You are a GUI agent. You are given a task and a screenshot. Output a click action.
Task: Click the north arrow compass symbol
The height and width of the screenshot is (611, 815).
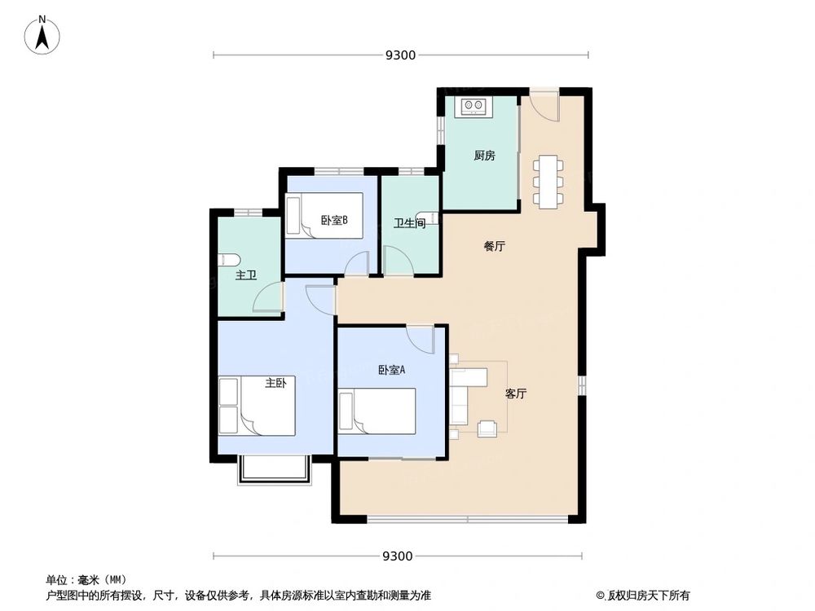(x=43, y=37)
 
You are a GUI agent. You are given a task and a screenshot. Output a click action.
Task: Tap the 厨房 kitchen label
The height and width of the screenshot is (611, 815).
(x=484, y=156)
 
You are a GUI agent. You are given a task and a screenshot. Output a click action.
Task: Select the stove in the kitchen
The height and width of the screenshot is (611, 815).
(x=473, y=106)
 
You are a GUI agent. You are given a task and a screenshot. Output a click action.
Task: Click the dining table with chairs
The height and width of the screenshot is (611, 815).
(x=548, y=180)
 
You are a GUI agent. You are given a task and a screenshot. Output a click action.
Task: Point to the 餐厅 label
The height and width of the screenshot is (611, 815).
(x=494, y=246)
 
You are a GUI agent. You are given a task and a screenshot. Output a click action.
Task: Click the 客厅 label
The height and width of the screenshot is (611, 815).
(x=515, y=393)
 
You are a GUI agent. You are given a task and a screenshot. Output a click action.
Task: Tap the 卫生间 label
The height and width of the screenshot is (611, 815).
(x=409, y=223)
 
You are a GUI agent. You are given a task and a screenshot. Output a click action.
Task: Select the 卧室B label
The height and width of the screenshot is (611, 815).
(x=334, y=219)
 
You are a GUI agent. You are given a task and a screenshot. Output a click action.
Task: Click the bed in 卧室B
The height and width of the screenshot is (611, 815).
(x=324, y=216)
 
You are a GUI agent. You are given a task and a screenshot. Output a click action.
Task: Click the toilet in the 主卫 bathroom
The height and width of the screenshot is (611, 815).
(x=228, y=260)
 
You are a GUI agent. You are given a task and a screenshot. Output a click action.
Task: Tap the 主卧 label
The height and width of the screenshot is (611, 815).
(x=275, y=383)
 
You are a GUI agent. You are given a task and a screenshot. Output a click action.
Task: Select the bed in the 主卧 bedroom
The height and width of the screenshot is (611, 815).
(x=257, y=406)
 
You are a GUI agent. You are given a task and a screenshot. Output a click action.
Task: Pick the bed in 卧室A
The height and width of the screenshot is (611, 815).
(x=377, y=411)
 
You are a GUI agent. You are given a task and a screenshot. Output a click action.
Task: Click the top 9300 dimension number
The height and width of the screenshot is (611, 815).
(x=400, y=55)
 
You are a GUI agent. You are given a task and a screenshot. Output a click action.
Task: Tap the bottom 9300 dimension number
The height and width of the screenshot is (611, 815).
(x=397, y=556)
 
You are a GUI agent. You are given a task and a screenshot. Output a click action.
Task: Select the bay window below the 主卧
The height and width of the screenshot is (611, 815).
(x=275, y=471)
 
